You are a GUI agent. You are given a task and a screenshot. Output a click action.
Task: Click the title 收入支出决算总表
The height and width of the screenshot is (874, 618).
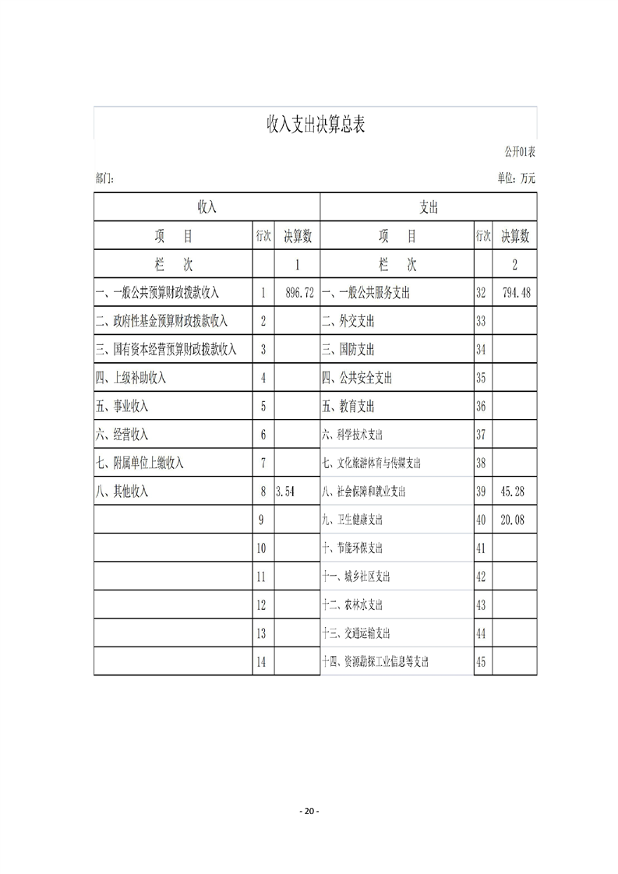tap(316, 123)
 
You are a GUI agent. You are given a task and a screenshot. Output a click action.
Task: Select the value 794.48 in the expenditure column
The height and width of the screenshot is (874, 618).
tap(516, 293)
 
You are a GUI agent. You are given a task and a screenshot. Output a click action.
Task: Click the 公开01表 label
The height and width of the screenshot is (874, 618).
tap(520, 151)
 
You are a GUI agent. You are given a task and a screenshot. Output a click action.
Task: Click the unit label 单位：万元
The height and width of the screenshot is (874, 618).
tap(516, 178)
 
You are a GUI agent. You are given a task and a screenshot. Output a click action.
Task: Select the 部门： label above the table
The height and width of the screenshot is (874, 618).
tap(104, 178)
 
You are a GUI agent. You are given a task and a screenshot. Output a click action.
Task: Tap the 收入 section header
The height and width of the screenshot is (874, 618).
tap(207, 207)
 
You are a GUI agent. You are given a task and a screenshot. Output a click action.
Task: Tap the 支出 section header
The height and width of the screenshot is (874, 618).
tap(429, 207)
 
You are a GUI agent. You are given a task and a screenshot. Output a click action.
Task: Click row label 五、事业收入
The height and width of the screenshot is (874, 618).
tap(122, 406)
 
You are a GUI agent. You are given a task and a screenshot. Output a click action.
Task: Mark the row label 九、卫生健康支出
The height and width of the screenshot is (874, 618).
tap(352, 520)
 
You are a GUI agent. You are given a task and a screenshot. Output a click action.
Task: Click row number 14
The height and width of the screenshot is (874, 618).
tap(261, 661)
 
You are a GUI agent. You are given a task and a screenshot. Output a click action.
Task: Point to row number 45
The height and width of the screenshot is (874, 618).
tap(481, 661)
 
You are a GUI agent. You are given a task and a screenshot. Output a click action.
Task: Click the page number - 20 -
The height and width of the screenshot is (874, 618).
tap(309, 811)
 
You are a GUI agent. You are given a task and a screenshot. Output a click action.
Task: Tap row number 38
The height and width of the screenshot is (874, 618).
tap(481, 463)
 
